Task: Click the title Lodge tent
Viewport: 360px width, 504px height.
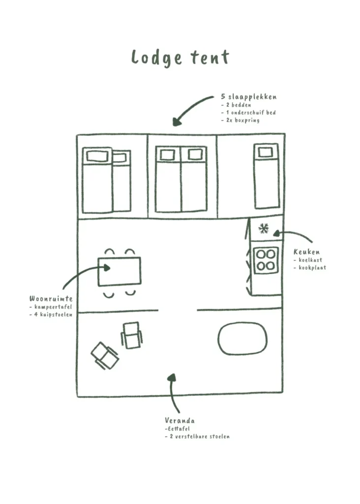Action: (180, 58)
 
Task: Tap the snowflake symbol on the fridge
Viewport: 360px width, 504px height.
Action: (264, 229)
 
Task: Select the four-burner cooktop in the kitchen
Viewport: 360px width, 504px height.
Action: (266, 259)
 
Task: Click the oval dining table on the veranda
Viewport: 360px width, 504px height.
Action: (242, 339)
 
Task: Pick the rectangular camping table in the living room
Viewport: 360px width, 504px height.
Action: (120, 271)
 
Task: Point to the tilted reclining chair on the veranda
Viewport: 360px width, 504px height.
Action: (105, 355)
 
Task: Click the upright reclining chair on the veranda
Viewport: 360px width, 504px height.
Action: (131, 335)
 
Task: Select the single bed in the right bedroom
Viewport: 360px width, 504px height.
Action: (267, 176)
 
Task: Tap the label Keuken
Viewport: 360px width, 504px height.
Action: (306, 252)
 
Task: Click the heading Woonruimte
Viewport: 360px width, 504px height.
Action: (51, 299)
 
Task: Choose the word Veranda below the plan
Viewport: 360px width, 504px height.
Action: (180, 421)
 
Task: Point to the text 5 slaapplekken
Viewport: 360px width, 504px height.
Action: (248, 97)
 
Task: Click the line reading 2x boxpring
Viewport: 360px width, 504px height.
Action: (240, 120)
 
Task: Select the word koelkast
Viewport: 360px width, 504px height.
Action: (308, 260)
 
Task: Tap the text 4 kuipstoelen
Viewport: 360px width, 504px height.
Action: (51, 314)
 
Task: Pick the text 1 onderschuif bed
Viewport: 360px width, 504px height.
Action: (248, 113)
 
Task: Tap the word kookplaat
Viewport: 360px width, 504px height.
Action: (310, 268)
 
